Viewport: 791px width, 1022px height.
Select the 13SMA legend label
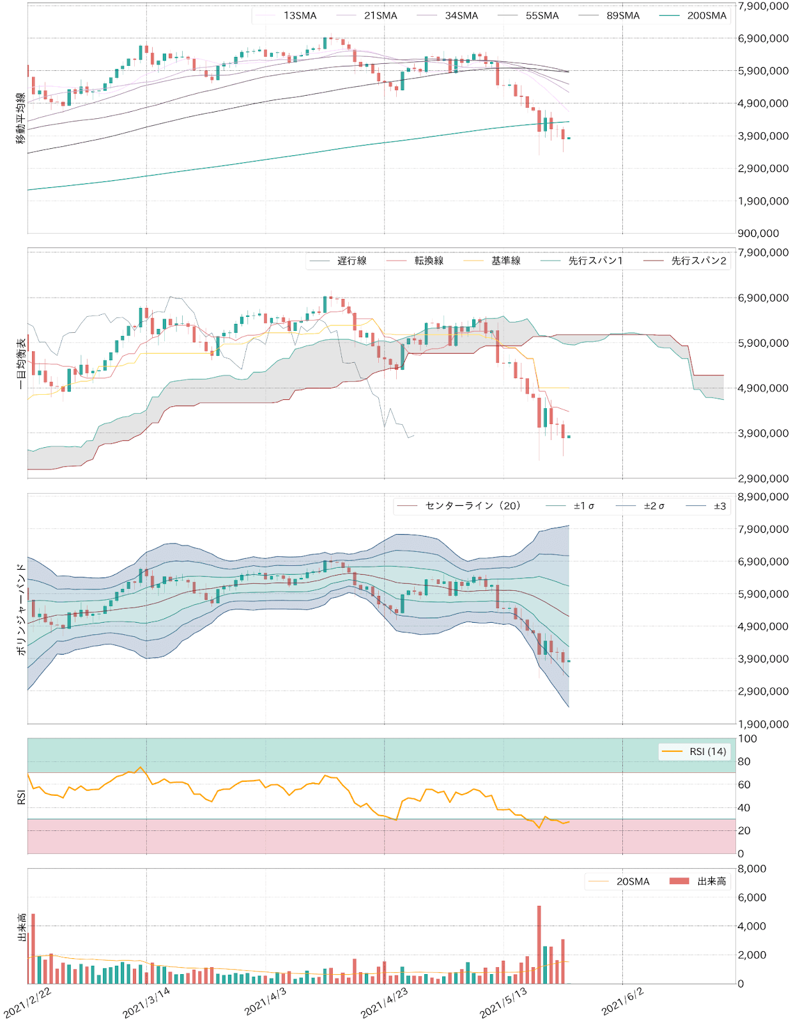300,15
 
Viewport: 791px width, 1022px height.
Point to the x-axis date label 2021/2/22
27,1002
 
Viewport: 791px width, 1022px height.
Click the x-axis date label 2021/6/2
622,1002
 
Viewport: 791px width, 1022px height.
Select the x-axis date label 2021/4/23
384,1002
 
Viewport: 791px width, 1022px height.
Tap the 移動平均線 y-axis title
21,119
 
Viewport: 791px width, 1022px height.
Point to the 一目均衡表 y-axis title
21,363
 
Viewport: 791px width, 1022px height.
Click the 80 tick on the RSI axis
744,761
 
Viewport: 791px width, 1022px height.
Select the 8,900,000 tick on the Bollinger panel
763,497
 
